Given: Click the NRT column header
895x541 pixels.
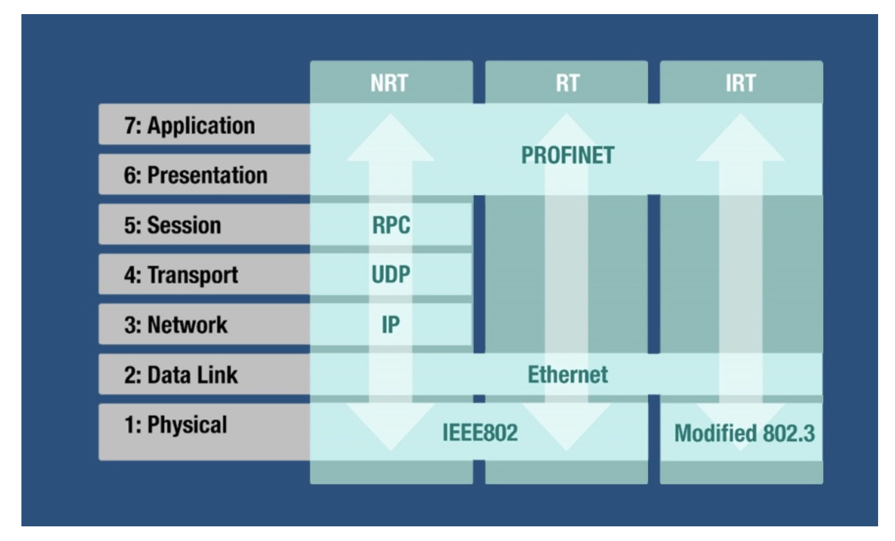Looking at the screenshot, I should tap(389, 83).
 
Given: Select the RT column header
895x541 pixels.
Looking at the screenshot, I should tap(567, 83).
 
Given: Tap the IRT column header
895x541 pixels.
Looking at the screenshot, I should tap(741, 83).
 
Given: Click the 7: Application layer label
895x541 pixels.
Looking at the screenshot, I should tap(189, 125).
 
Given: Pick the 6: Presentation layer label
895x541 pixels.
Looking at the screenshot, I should tap(196, 175).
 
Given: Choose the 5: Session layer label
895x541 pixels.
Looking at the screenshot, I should tap(172, 225).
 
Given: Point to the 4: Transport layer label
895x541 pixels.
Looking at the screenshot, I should tap(181, 275).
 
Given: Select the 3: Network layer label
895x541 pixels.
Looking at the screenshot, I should tap(176, 325).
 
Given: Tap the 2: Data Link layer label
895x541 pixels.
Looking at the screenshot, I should tap(181, 375).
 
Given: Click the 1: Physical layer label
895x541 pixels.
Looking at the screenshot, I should tap(176, 425).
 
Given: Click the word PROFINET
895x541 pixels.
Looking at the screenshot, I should tap(568, 156).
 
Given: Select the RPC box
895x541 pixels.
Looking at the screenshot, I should tap(391, 225).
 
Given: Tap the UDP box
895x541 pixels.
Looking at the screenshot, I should tap(391, 274).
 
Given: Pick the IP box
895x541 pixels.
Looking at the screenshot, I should tap(391, 325).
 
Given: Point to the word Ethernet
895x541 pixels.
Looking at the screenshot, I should tap(568, 375).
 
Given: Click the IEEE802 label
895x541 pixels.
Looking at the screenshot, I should tap(480, 433).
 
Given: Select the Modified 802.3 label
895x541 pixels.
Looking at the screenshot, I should tap(745, 433).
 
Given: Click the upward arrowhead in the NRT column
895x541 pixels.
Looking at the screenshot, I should tap(391, 138).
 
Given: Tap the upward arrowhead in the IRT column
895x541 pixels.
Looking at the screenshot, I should tap(741, 138).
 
